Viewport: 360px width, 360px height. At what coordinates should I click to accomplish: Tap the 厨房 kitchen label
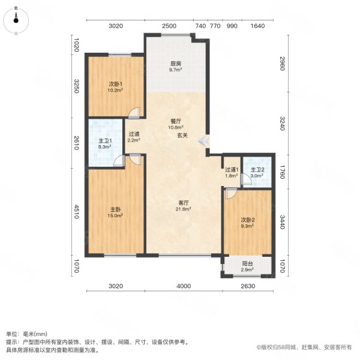(175, 63)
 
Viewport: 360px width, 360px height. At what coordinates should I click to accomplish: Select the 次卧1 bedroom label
(115, 84)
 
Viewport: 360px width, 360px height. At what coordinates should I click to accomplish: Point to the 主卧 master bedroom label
(115, 209)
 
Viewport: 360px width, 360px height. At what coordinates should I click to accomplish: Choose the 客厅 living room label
(183, 202)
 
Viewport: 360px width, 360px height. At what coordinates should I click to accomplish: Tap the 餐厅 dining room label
(175, 121)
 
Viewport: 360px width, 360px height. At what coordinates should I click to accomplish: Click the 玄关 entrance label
(182, 136)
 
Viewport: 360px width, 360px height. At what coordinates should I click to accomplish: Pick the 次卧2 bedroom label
(247, 220)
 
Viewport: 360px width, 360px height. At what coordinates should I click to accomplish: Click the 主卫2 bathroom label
(257, 170)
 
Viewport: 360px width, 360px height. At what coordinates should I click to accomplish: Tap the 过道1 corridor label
(232, 170)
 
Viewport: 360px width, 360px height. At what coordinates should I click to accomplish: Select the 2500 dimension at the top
(169, 26)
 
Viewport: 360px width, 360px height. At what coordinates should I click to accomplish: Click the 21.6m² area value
(183, 209)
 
